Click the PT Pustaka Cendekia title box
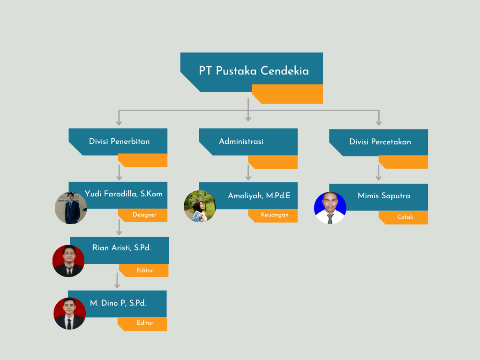coord(254,71)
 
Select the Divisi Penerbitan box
coord(119,141)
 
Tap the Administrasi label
coord(241,141)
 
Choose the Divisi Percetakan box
coord(380,142)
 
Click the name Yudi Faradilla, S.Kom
coord(124,194)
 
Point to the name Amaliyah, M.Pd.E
coord(259,195)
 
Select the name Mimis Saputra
coord(383,195)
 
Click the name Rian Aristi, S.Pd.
coord(122,248)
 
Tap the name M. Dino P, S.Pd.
coord(118,303)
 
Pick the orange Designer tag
coord(144,215)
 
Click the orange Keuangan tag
coord(274,215)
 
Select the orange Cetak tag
coord(405,217)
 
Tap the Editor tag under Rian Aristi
coord(144,270)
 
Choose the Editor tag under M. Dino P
coord(145,323)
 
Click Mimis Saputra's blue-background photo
coord(330,208)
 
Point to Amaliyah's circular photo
coord(200,206)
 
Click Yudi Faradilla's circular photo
coord(71,208)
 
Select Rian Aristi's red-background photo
coord(68,261)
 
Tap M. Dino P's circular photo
coord(69,314)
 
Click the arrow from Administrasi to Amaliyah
coord(248,172)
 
